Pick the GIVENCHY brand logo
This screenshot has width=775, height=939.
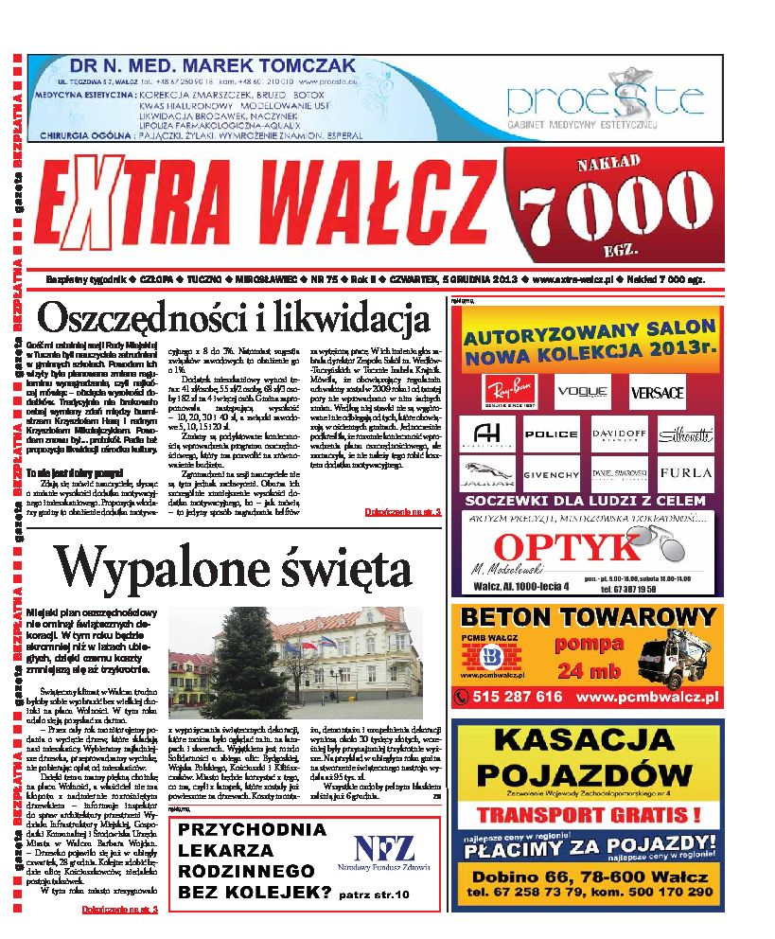click(x=550, y=473)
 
